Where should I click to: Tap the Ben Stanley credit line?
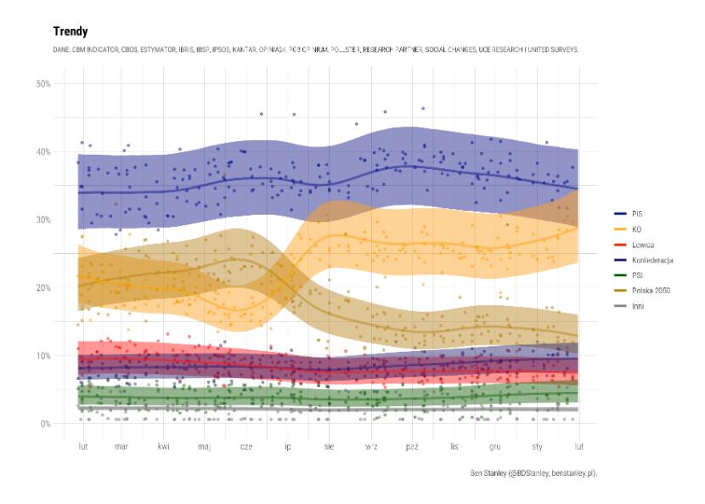tap(533, 472)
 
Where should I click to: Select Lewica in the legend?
tap(641, 245)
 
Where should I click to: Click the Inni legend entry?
tap(636, 306)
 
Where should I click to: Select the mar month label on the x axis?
tap(121, 445)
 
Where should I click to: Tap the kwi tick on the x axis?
tap(163, 445)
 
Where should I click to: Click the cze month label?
tap(246, 445)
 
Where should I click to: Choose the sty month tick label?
tap(537, 445)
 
